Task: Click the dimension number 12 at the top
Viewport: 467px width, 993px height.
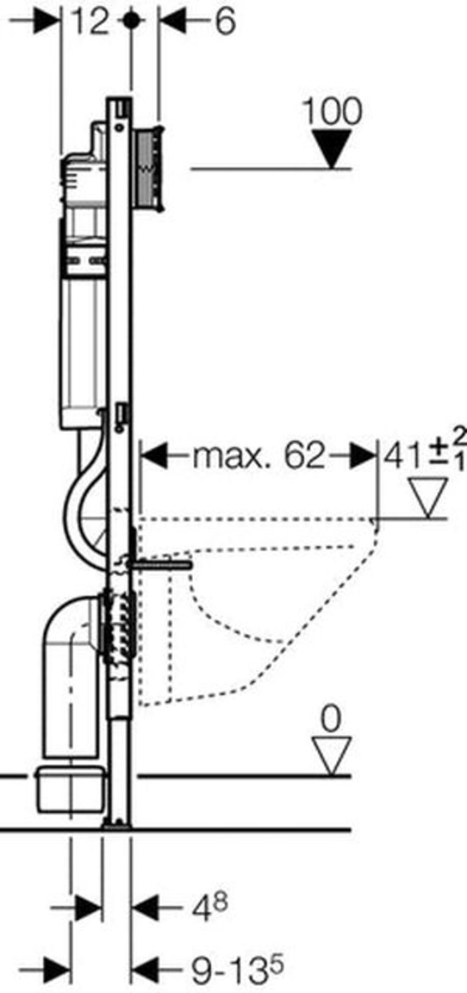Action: point(90,21)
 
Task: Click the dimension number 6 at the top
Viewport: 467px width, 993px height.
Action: point(225,21)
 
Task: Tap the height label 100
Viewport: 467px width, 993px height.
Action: point(332,112)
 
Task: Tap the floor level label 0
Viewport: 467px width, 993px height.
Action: point(331,720)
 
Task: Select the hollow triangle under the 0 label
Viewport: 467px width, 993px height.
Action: point(332,756)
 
